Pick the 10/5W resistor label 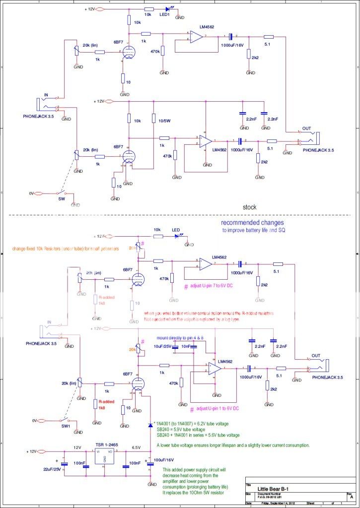[x=164, y=120]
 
